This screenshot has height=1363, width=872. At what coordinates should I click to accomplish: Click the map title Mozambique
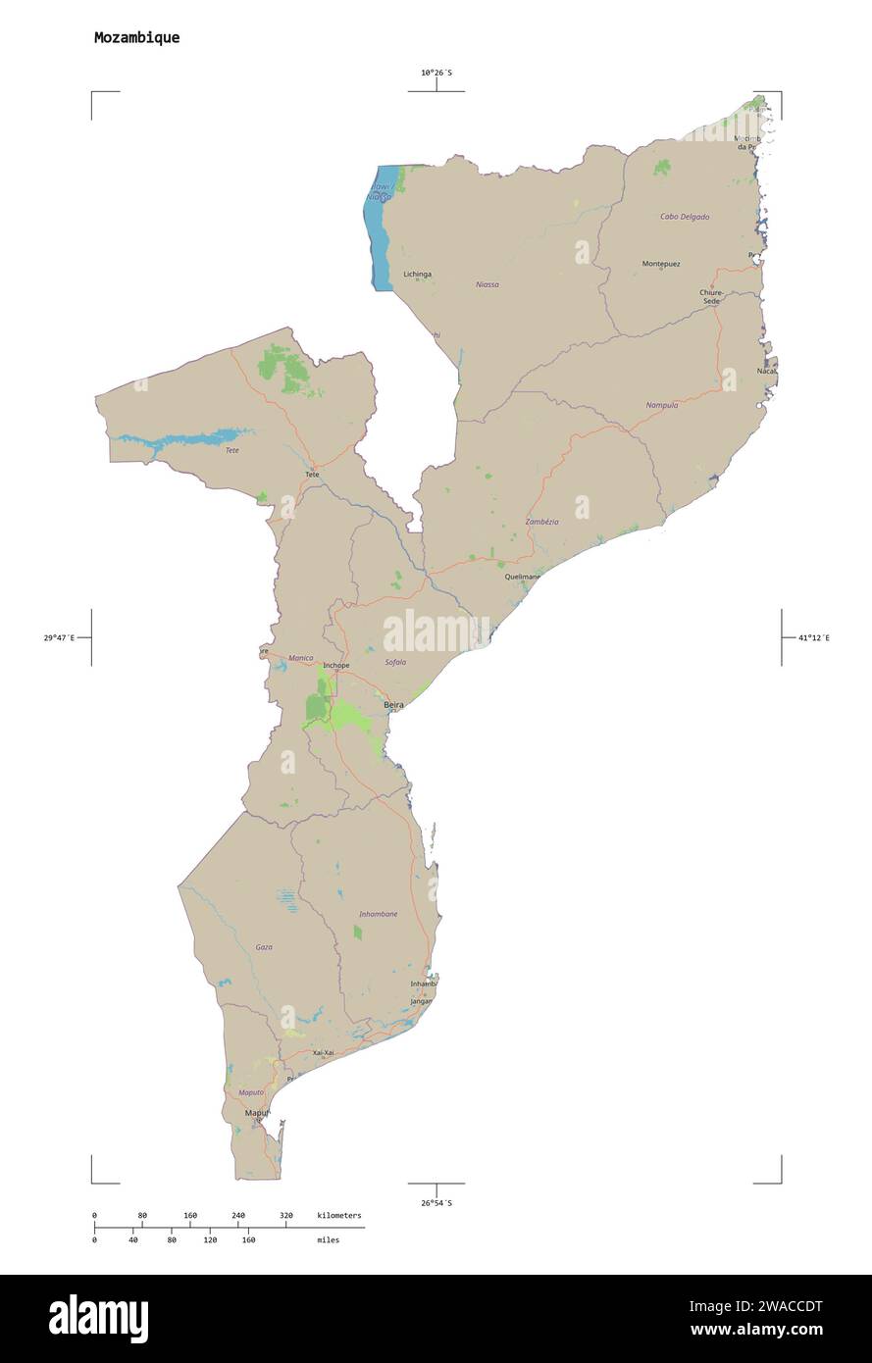(136, 38)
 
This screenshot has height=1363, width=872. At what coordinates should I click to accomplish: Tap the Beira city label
(393, 704)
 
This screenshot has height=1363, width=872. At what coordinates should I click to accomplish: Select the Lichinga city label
(417, 275)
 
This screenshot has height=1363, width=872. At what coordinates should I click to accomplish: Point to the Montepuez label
(660, 264)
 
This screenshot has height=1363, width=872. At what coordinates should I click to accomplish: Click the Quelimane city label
(523, 577)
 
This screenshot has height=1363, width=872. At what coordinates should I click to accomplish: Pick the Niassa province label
(487, 284)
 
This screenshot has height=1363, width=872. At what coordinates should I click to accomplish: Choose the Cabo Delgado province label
(684, 217)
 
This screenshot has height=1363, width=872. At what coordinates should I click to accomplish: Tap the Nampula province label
(661, 405)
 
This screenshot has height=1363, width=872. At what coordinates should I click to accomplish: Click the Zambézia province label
(541, 522)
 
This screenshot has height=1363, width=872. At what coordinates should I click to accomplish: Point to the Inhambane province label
(378, 914)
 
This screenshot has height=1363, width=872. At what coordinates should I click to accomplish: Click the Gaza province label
(264, 947)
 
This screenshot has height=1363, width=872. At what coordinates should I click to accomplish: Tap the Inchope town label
(335, 666)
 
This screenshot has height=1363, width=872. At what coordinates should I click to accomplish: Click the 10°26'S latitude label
(436, 73)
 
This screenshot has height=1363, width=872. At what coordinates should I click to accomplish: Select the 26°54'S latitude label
(436, 1202)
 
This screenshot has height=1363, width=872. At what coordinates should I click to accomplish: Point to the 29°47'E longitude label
(60, 638)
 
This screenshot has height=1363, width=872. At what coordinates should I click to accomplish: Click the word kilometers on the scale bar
(338, 1216)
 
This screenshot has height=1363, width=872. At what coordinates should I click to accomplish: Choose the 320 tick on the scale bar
(285, 1216)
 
